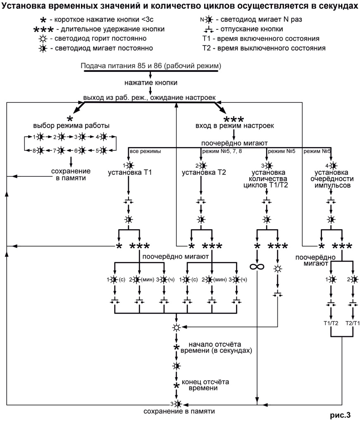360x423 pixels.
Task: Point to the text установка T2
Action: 200,173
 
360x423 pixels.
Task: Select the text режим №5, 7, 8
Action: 219,151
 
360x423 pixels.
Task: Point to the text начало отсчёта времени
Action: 217,348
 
